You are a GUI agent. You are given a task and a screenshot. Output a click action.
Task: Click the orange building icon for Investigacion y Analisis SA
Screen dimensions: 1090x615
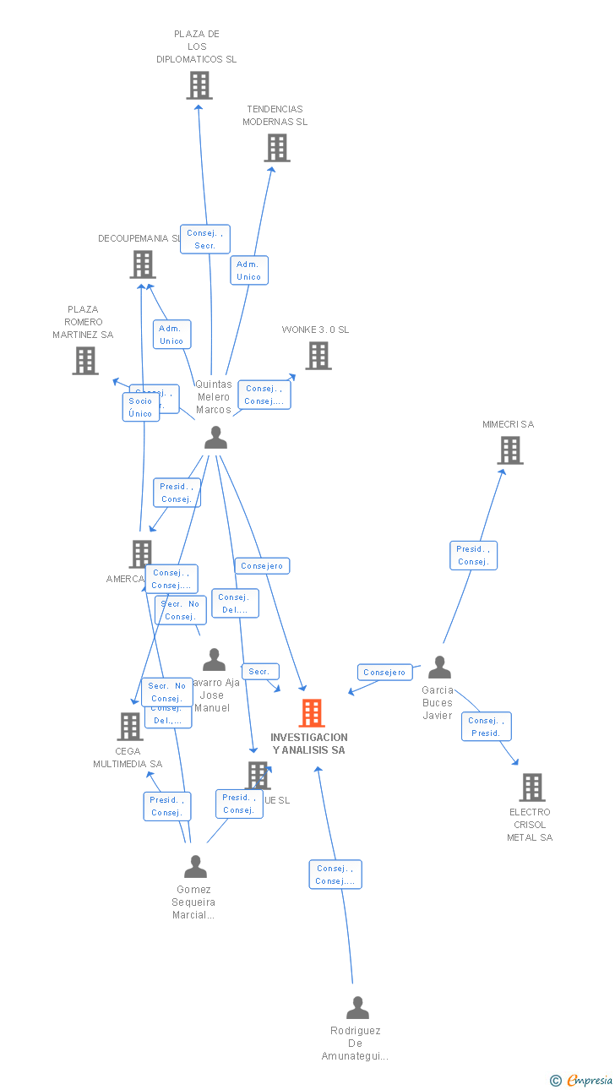312,713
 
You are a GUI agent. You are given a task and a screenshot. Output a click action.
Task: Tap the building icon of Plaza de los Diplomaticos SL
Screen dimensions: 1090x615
199,85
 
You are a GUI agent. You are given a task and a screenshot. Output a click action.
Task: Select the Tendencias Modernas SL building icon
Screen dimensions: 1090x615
277,148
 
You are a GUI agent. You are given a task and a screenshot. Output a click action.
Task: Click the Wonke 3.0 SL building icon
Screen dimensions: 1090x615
318,356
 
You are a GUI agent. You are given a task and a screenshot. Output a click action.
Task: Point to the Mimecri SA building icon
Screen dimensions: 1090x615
510,450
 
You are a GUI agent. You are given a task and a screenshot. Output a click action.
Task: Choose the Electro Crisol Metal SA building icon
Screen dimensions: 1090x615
532,788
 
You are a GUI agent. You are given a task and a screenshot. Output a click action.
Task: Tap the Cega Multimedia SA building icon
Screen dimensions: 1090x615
130,726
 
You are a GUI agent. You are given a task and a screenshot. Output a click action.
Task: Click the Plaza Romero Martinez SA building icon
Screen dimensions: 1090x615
85,361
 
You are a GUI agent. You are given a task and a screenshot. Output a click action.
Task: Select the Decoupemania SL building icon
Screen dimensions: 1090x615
143,264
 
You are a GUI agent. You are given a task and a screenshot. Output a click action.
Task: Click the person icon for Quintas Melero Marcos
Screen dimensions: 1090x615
216,438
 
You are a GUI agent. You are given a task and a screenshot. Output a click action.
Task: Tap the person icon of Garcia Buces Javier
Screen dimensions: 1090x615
439,668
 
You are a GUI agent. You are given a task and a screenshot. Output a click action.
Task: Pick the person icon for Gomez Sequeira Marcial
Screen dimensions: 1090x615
196,867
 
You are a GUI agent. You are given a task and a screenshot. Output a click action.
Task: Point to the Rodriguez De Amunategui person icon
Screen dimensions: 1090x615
358,1008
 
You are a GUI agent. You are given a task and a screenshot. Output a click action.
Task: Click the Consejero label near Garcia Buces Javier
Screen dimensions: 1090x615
384,673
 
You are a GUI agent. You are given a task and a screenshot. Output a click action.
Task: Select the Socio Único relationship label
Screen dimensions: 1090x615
140,407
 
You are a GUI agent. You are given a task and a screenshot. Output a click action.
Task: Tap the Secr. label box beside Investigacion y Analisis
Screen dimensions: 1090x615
260,672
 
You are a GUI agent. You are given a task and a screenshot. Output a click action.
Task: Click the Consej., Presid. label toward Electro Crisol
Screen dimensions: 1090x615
486,727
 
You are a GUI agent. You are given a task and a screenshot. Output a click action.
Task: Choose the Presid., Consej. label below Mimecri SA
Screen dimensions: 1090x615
473,555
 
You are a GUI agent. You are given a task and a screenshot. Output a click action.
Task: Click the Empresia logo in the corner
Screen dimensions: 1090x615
582,1080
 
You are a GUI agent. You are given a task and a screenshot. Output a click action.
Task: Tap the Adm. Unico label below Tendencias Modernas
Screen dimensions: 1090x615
249,270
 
